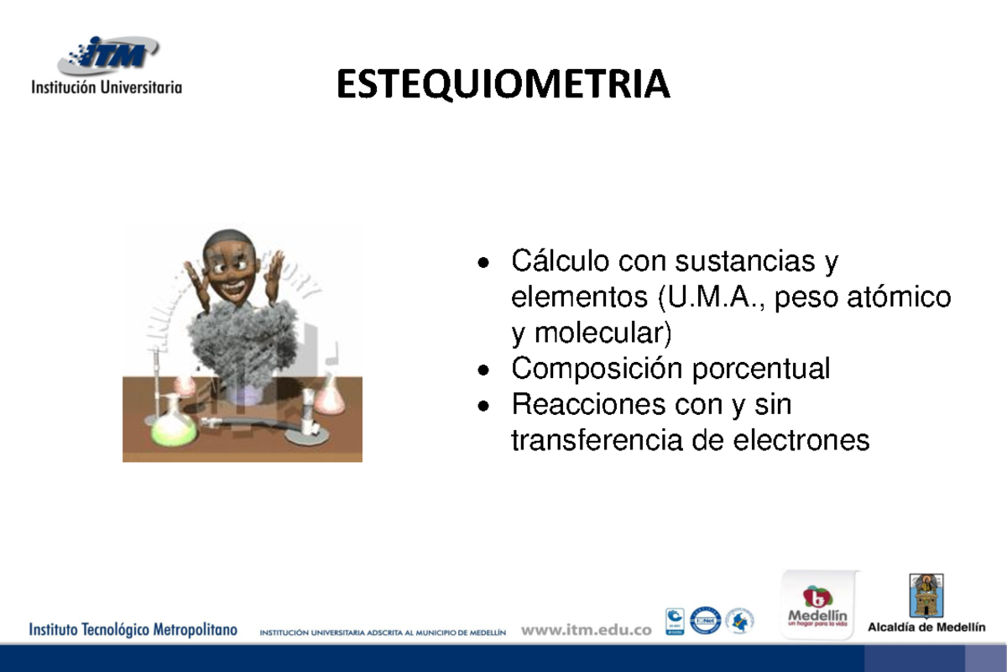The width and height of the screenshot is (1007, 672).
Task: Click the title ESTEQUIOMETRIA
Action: (x=503, y=85)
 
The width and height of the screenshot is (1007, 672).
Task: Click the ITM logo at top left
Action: (x=107, y=55)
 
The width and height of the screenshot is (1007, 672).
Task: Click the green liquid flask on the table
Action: (x=174, y=424)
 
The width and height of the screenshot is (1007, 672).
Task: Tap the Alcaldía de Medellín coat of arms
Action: (x=926, y=596)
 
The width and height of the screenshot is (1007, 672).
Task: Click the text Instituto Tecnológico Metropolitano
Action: (x=134, y=629)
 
